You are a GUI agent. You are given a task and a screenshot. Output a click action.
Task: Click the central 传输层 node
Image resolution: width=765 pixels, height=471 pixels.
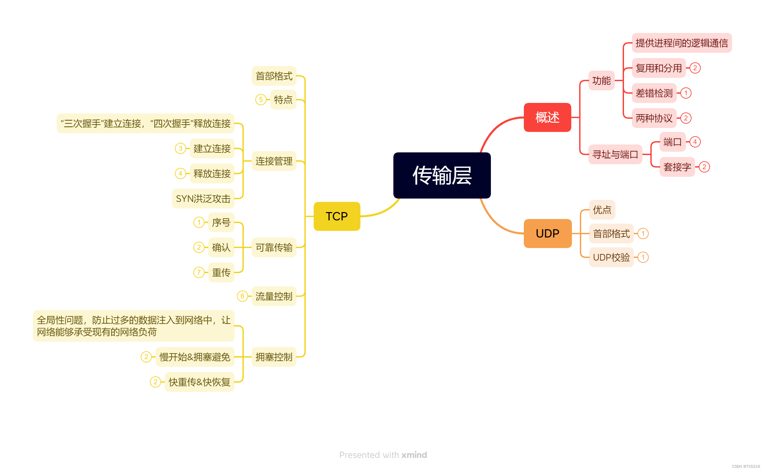tap(442, 175)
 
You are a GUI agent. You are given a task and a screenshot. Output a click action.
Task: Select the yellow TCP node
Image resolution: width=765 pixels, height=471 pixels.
tap(337, 216)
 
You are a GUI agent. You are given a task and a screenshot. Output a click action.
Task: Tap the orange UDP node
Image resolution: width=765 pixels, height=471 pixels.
tap(548, 234)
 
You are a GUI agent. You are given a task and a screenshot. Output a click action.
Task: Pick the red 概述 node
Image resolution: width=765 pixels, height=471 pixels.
tap(547, 117)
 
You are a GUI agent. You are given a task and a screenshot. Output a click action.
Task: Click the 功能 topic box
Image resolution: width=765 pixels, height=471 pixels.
tap(601, 80)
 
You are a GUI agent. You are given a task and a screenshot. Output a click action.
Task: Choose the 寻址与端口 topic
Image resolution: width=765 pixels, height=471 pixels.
tap(615, 154)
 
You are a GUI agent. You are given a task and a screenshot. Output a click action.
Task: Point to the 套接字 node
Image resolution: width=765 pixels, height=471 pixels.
tap(677, 167)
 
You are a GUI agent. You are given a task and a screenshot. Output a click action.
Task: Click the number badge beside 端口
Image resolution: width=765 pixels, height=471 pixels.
tap(695, 142)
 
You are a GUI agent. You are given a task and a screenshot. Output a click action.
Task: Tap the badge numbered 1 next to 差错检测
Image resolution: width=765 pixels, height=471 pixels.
tap(686, 93)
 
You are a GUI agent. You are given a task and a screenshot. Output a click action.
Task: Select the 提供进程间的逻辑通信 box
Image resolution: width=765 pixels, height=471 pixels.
tap(682, 43)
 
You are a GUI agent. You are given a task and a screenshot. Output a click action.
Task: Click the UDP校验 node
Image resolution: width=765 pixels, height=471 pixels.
tap(611, 257)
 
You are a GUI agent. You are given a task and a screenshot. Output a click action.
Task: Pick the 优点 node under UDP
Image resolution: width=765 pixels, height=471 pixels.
tap(602, 210)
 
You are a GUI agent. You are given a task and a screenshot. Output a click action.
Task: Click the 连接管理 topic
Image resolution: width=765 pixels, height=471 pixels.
tap(274, 161)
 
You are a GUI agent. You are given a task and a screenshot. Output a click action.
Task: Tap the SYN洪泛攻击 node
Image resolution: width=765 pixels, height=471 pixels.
tap(203, 199)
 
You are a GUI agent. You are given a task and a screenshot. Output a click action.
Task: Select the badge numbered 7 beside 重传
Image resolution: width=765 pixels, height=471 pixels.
tap(199, 272)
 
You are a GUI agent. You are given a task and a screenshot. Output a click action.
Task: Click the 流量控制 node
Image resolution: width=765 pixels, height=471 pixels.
tap(274, 296)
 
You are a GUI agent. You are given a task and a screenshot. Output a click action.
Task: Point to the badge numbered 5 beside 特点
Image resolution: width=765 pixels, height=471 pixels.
tap(261, 100)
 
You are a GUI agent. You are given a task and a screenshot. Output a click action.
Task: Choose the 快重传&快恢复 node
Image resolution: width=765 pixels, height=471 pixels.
tap(199, 382)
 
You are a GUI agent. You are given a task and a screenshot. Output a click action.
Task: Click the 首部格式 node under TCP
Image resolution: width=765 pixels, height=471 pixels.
tap(274, 76)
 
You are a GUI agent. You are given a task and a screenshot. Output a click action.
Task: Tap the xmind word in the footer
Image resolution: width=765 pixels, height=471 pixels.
tap(414, 455)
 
